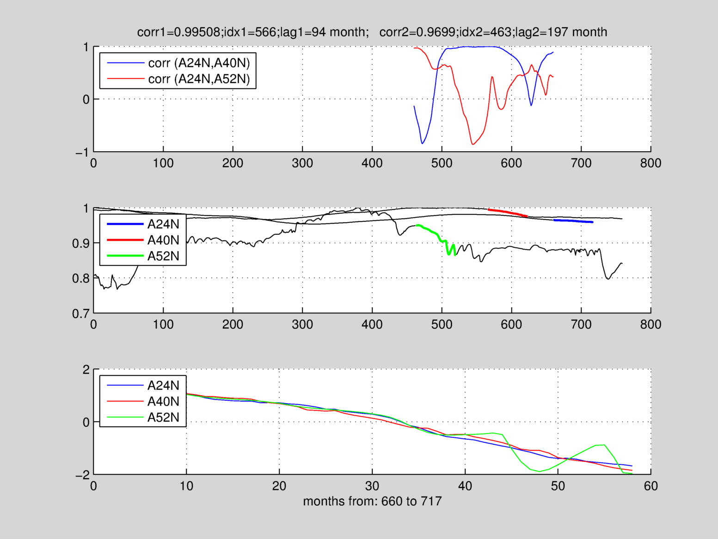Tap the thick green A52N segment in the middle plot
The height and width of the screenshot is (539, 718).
point(432,232)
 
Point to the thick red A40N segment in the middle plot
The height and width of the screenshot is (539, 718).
point(508,212)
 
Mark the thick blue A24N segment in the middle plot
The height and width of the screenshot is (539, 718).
point(573,221)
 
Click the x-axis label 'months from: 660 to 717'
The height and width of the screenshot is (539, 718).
point(372,501)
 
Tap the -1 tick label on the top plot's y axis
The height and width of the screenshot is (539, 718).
point(82,152)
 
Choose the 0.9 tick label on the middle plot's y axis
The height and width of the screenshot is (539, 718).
point(80,244)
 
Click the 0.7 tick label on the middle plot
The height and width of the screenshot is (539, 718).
point(80,314)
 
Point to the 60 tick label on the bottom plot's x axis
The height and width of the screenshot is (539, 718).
point(650,486)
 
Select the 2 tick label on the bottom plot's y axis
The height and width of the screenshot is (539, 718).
point(86,369)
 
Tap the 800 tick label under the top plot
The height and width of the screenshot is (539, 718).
point(650,163)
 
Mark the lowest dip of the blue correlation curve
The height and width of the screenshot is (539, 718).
point(422,143)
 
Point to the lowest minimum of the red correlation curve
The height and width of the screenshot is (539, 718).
point(473,144)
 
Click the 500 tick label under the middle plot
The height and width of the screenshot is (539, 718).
point(442,325)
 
